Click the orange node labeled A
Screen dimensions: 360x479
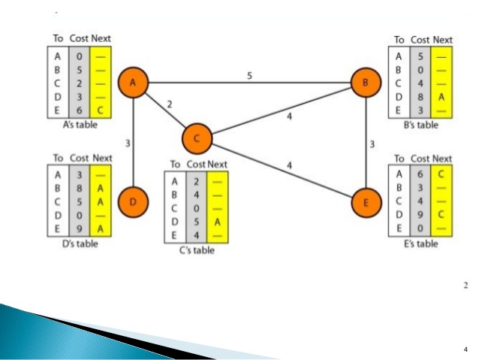click(x=133, y=83)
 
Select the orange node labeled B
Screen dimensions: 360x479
click(x=366, y=83)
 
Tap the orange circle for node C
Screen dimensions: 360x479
click(x=197, y=137)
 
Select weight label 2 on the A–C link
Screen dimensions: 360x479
click(x=170, y=104)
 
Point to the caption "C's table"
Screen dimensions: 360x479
click(x=197, y=250)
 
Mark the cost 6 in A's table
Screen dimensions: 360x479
click(x=79, y=110)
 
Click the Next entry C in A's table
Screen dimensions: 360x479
click(x=100, y=110)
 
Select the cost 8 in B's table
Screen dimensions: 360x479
click(x=420, y=96)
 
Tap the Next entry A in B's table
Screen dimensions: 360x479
click(x=442, y=96)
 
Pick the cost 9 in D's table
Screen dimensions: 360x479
click(x=79, y=228)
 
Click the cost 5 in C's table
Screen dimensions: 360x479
click(x=196, y=222)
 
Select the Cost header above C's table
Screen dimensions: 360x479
click(x=196, y=165)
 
